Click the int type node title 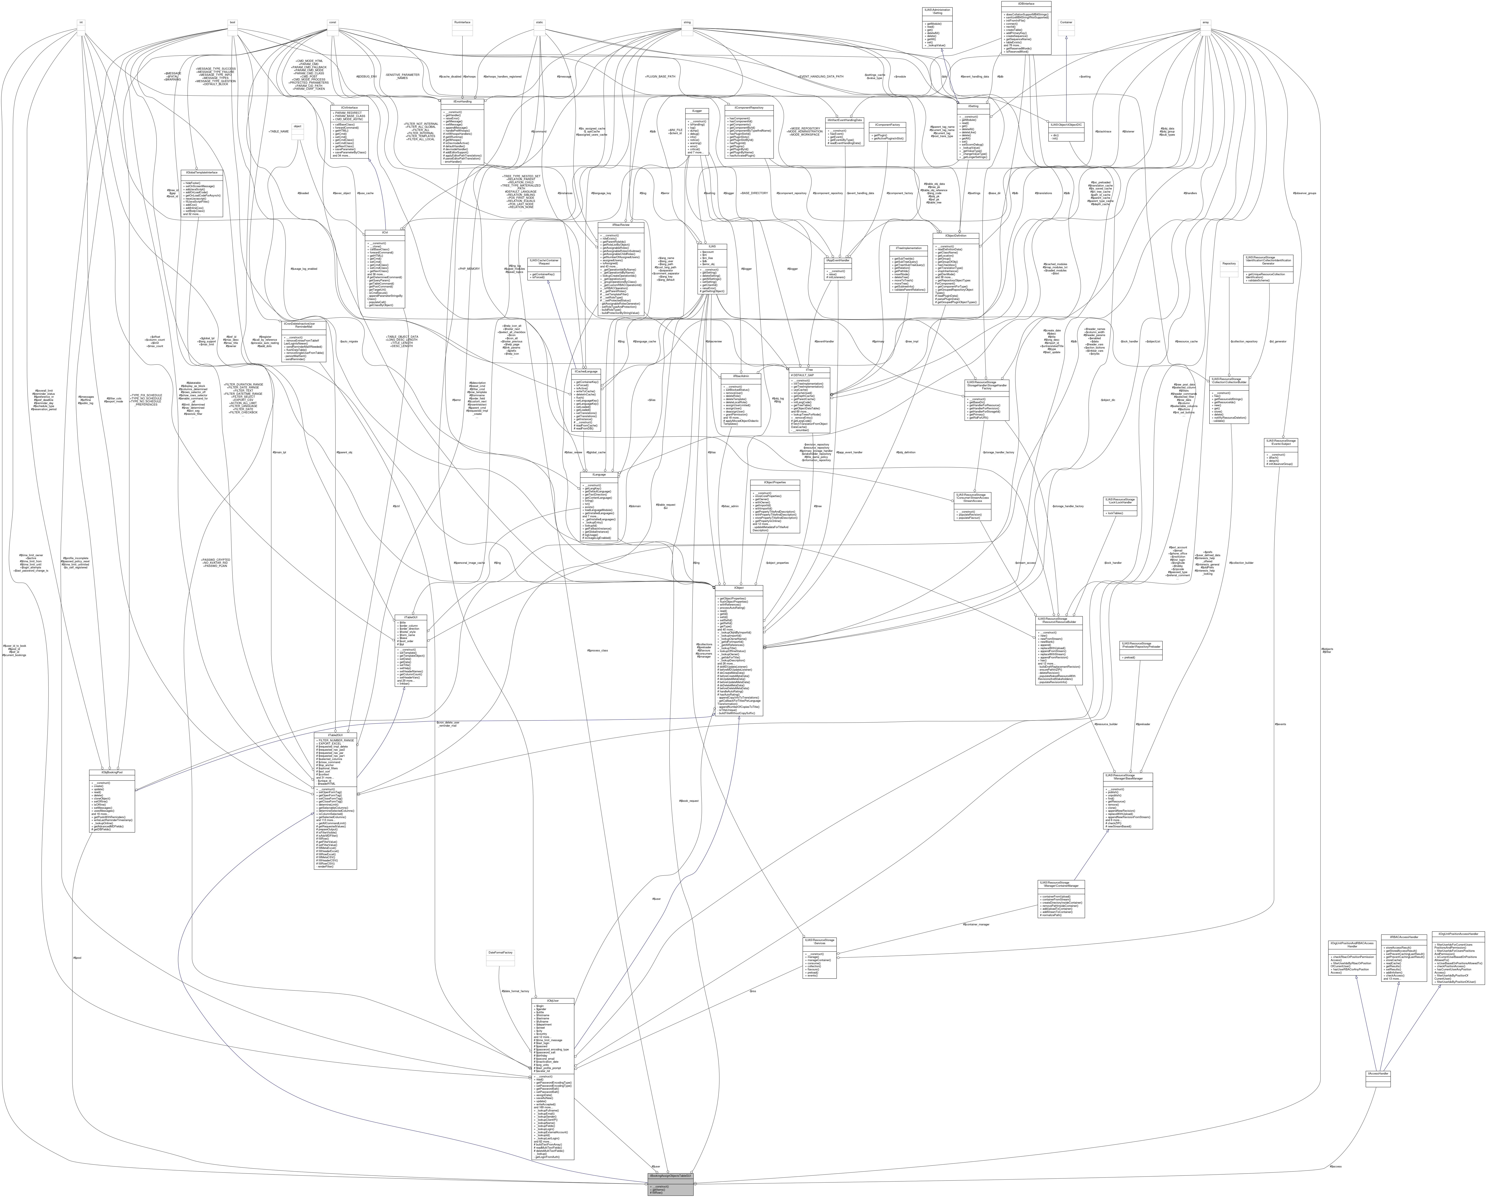81,22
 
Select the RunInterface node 461,22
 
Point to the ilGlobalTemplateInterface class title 201,172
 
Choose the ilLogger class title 697,110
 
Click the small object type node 297,126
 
